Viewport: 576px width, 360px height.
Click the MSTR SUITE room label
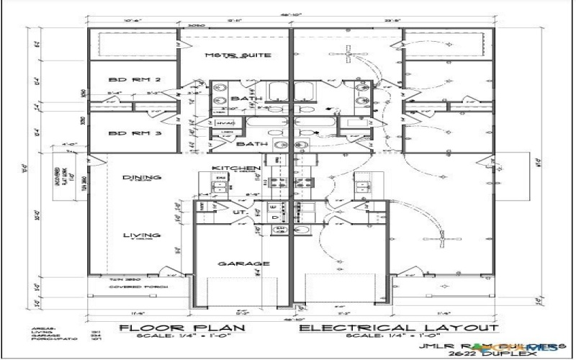tap(228, 55)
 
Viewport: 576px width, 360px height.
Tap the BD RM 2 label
tap(124, 80)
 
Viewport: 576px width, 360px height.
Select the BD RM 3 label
tap(124, 134)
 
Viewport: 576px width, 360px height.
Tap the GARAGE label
tap(234, 264)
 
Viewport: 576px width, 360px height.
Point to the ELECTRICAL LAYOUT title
tap(398, 328)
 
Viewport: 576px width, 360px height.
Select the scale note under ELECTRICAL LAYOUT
tap(398, 337)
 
